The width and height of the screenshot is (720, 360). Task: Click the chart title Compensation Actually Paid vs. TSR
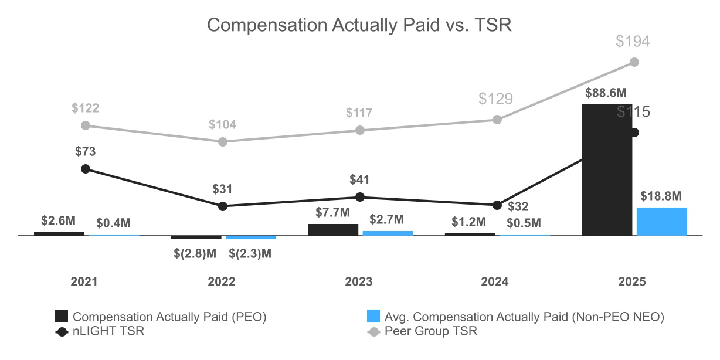point(359,25)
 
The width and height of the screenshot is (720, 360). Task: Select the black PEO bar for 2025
point(607,170)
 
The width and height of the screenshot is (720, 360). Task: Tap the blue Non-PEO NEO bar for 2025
point(661,221)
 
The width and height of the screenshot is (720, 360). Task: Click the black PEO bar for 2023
point(333,229)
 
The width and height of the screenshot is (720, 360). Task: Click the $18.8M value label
point(661,196)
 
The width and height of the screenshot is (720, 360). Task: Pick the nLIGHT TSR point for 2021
point(86,169)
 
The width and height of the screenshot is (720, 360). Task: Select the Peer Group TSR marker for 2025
point(634,62)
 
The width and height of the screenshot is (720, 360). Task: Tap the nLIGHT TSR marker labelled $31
point(223,206)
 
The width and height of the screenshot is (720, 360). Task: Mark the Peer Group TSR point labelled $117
point(360,130)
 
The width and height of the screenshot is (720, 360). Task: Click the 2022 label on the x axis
point(222,282)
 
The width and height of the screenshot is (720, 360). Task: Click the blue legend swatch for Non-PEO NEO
point(373,317)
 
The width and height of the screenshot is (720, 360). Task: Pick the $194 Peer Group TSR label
point(633,42)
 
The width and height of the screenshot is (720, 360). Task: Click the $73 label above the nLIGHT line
point(86,151)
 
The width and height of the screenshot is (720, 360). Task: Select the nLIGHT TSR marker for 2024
point(497,205)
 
